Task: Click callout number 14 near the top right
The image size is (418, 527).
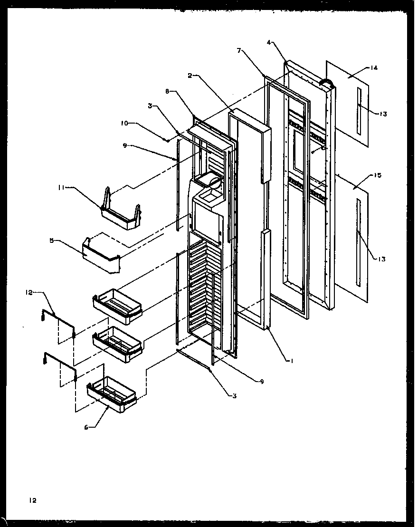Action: click(374, 68)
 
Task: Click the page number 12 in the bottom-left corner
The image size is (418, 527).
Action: click(32, 500)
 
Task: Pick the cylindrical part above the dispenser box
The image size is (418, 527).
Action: click(210, 181)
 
